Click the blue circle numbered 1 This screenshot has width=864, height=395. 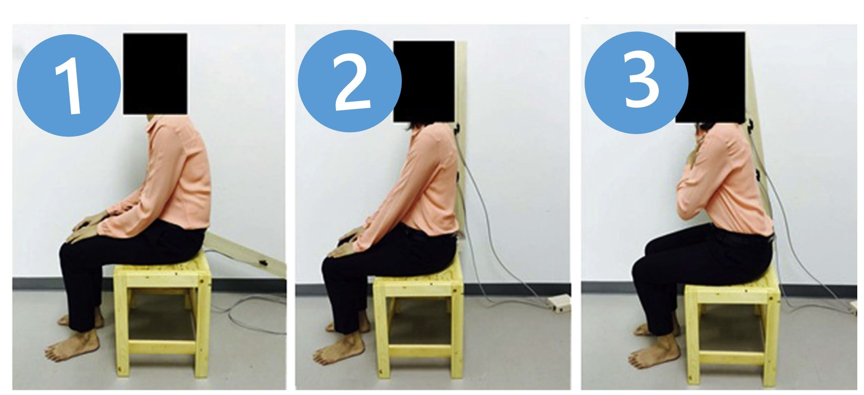69,85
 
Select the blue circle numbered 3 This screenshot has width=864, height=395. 636,82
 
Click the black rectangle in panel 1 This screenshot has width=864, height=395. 155,74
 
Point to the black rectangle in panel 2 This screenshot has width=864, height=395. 424,81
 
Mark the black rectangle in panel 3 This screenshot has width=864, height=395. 710,77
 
